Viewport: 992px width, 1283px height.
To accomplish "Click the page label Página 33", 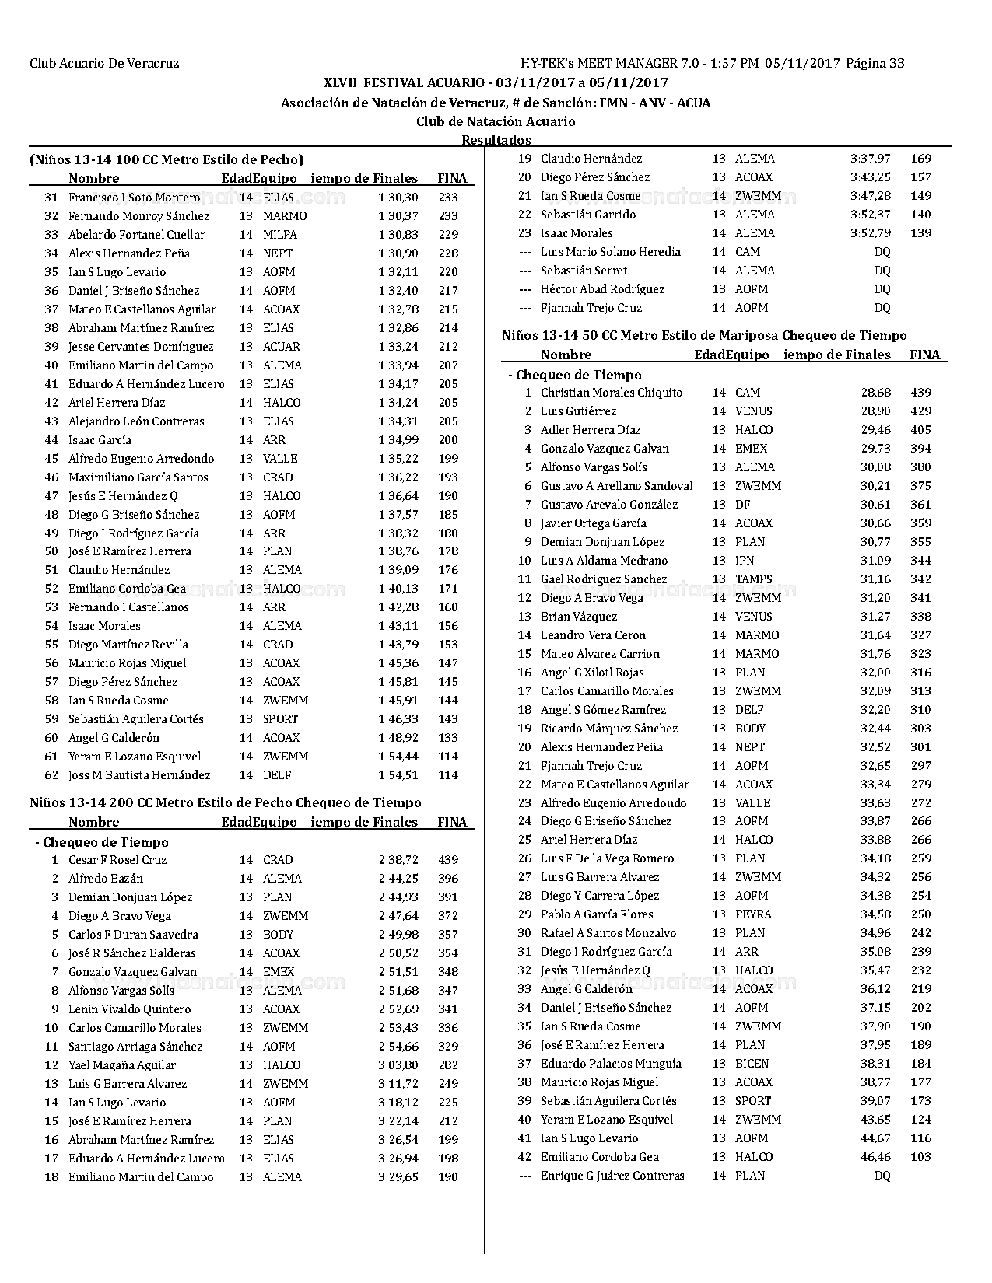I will (x=875, y=64).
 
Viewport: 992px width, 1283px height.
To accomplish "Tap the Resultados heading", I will (x=496, y=140).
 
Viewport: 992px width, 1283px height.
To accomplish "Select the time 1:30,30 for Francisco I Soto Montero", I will (x=398, y=198).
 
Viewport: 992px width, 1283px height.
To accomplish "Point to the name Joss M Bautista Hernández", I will (x=139, y=775).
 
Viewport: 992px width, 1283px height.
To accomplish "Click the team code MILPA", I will (x=280, y=235).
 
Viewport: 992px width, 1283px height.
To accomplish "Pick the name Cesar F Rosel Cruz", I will (x=117, y=860).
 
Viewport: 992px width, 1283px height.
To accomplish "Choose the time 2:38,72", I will (x=398, y=860).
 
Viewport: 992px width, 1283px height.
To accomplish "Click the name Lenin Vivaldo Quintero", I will (x=129, y=1009).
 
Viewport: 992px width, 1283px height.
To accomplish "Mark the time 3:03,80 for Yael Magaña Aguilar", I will (x=398, y=1065).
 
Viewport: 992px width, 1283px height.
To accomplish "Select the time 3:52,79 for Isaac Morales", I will (x=871, y=233).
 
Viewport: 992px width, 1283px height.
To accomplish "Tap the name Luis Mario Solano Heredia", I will (x=611, y=252).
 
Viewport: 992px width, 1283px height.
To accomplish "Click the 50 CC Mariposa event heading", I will (x=704, y=336).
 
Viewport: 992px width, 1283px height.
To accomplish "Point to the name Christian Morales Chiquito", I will (x=612, y=393).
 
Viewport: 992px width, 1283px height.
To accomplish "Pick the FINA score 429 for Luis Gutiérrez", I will (x=920, y=411).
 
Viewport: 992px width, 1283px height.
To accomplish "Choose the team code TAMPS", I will (x=754, y=579).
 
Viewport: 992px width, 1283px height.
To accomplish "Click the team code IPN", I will (x=745, y=561).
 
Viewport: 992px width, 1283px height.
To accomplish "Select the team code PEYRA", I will (x=753, y=914).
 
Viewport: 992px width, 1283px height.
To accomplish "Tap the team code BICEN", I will (x=752, y=1064).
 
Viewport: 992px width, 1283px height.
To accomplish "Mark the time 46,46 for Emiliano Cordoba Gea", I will (x=875, y=1157).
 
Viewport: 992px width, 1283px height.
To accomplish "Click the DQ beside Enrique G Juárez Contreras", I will (x=882, y=1176).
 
